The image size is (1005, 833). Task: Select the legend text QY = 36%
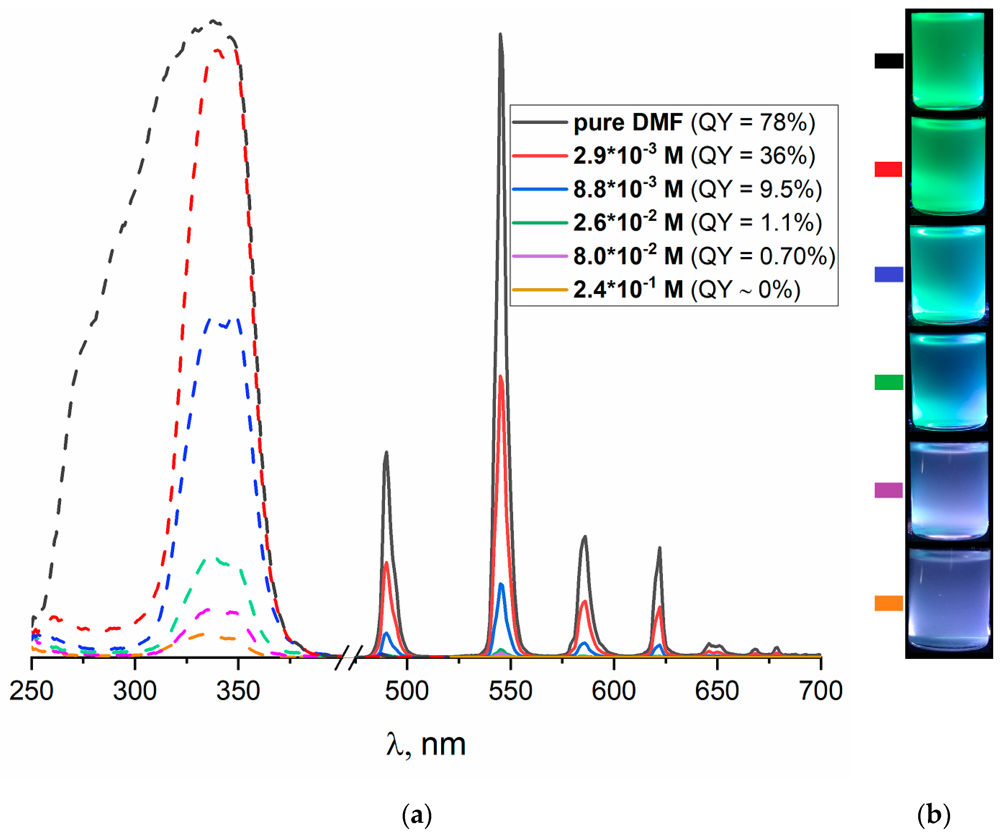point(753,156)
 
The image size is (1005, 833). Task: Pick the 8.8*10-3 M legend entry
point(628,190)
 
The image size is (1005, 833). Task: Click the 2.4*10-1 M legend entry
point(628,290)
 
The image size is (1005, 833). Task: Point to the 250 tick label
point(32,691)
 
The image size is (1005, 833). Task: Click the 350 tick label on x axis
point(238,691)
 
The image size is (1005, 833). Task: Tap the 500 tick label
point(407,691)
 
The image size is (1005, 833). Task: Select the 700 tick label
point(820,691)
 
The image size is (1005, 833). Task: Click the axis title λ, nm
point(426,745)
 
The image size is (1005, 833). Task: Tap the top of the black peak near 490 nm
point(386,453)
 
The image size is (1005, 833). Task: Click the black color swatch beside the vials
point(888,61)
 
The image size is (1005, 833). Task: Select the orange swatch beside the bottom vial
point(888,603)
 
